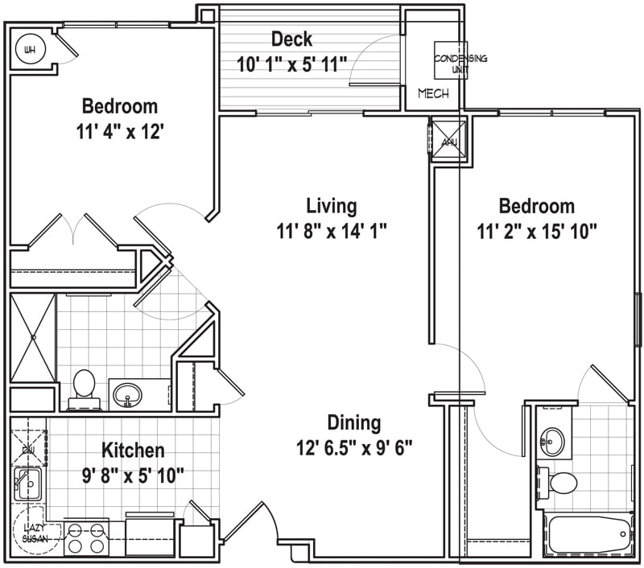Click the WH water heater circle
click(31, 50)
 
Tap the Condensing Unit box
click(451, 60)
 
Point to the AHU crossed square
click(448, 138)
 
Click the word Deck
click(291, 39)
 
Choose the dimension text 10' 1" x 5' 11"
click(291, 64)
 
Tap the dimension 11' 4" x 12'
click(120, 131)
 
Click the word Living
click(331, 206)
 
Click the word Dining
click(353, 422)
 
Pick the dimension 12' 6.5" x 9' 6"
click(353, 448)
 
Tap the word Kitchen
click(134, 450)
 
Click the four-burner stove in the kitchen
click(86, 537)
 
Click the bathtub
click(588, 533)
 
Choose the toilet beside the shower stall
click(83, 385)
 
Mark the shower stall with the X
click(33, 338)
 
